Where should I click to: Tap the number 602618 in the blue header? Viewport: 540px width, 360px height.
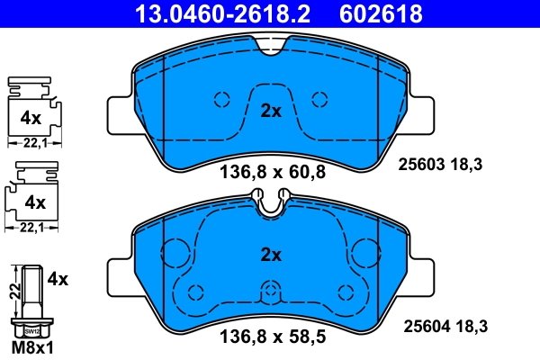379,13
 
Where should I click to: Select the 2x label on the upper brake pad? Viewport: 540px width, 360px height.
271,112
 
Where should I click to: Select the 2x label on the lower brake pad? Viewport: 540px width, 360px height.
271,255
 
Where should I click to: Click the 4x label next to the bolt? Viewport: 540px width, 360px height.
58,280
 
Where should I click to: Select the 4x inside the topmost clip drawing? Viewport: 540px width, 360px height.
32,117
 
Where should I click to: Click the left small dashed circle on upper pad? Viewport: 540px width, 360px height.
223,100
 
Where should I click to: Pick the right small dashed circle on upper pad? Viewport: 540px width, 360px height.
318,100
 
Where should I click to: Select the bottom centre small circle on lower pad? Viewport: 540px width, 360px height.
271,290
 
